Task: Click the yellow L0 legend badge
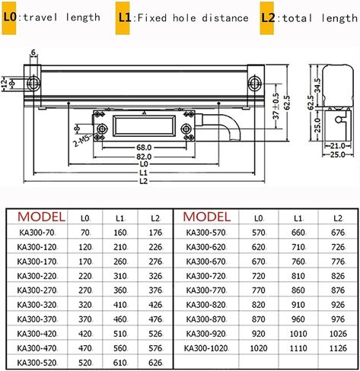pos(9,18)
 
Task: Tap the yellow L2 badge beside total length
pos(267,18)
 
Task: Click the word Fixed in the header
pos(152,18)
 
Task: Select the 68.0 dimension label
pos(144,147)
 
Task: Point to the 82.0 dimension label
pos(144,157)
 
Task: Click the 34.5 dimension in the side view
pos(317,85)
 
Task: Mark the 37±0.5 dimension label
pos(276,106)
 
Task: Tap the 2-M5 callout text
pos(81,141)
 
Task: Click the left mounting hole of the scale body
pos(33,83)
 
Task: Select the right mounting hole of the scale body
pos(254,83)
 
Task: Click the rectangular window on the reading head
pos(144,126)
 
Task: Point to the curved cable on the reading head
pos(223,126)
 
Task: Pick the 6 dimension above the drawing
pos(33,52)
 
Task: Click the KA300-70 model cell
pos(37,233)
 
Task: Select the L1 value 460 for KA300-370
pos(120,319)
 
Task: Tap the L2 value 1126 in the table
pos(338,348)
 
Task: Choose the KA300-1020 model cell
pos(205,348)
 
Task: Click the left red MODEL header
pos(41,217)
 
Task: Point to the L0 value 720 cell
pos(258,276)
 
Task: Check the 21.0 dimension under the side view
pos(338,146)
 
